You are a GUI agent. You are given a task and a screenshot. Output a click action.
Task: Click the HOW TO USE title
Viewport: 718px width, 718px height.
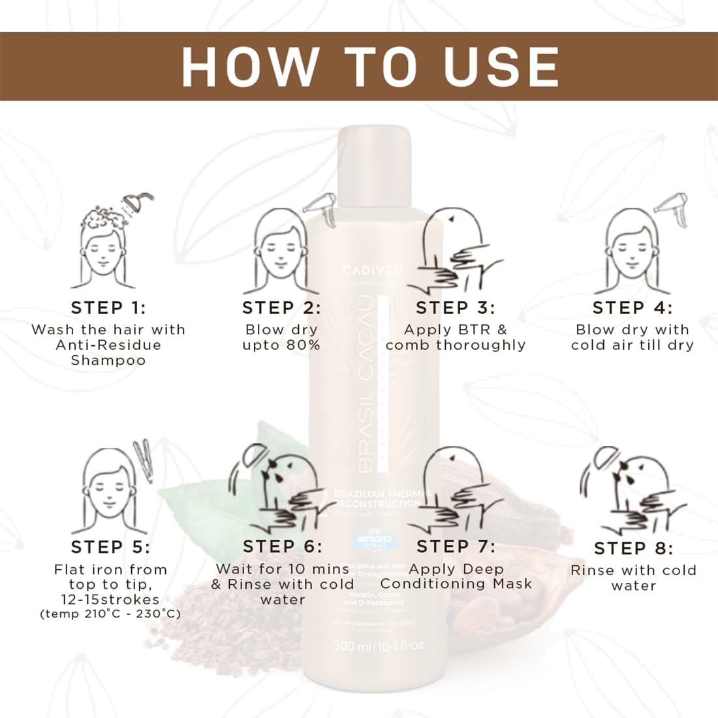370,66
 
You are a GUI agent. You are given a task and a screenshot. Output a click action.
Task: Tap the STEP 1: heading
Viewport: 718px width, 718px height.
108,307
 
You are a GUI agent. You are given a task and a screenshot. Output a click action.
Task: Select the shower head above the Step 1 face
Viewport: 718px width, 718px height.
139,202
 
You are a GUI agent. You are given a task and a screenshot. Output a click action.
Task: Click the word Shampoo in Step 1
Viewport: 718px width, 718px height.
108,360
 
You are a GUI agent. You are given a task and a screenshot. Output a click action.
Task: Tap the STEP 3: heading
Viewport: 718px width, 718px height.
456,307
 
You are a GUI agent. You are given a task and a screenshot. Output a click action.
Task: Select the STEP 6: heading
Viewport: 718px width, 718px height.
283,546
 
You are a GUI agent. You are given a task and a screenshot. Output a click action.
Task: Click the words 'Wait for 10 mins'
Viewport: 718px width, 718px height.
283,569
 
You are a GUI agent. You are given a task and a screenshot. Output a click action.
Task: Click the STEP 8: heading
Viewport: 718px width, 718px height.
633,548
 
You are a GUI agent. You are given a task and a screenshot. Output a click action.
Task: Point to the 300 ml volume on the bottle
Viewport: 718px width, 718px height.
352,646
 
